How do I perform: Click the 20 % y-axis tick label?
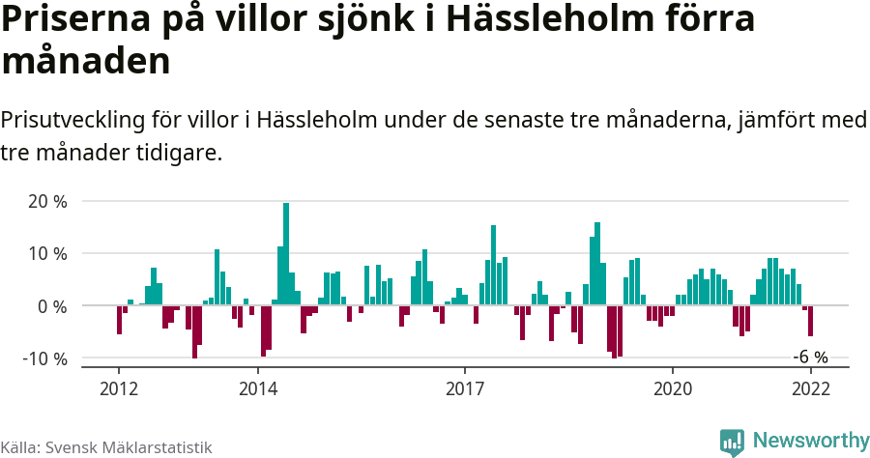tap(47, 202)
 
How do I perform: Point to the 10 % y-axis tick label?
tap(47, 254)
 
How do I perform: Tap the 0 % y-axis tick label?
tap(52, 306)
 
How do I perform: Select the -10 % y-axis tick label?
tap(44, 358)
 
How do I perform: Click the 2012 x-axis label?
tap(119, 387)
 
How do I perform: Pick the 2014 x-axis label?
tap(257, 387)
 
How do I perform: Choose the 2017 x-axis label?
tap(465, 387)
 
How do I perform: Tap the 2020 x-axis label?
tap(673, 387)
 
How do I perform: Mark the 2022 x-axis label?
tap(811, 387)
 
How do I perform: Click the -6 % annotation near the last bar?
tap(810, 357)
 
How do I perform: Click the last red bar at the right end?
tap(810, 321)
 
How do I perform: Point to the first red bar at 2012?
tap(119, 320)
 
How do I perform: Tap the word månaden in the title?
tap(86, 61)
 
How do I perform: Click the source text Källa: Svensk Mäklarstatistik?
tap(106, 447)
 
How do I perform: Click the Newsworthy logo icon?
tap(732, 442)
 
